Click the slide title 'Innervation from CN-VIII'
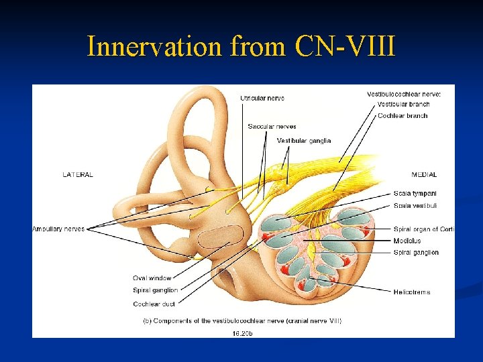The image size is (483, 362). coord(241,46)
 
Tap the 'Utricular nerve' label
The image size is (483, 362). coord(262,99)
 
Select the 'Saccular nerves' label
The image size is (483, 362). coord(272,126)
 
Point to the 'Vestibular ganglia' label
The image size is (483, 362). coord(303,141)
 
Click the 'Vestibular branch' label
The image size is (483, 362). coord(403,105)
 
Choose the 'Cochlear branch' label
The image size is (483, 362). coord(402,116)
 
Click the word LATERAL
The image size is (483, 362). coord(78,175)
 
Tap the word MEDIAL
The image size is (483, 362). coord(424,175)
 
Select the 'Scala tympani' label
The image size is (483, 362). coord(415,194)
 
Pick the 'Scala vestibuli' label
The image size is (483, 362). coord(415,206)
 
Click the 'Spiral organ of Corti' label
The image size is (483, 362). coord(424,229)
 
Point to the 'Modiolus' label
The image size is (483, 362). coord(407,241)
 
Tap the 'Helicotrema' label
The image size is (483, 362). coord(412,292)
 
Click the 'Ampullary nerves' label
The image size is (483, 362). coord(58,229)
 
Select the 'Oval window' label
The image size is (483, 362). coord(152,278)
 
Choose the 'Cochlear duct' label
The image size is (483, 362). coord(154,304)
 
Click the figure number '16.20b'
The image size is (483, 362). coord(242,332)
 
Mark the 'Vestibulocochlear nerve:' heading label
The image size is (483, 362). coord(404,95)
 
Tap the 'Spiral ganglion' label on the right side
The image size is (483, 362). coord(416,253)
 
